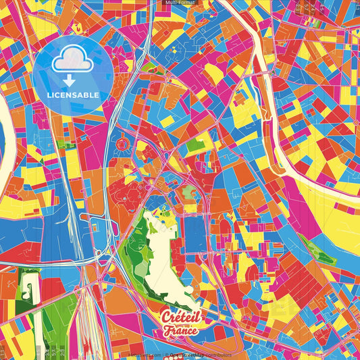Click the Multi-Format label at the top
pyautogui.click(x=179, y=3)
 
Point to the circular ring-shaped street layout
pyautogui.click(x=122, y=144)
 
